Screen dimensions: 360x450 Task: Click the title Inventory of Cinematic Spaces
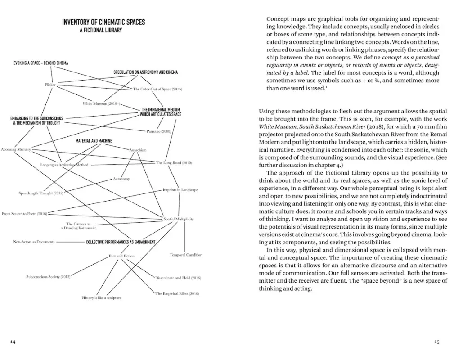[103, 22]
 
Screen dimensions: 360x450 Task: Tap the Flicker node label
[50, 85]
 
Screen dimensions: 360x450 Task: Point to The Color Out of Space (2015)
[157, 89]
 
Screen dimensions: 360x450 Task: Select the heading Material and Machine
[94, 141]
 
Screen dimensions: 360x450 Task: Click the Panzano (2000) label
[159, 131]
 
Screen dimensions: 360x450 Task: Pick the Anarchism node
[138, 150]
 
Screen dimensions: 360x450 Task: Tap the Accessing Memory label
[16, 149]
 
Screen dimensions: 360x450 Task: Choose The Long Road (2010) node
[174, 162]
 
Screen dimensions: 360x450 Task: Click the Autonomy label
[121, 179]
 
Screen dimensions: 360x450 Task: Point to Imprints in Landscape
[180, 190]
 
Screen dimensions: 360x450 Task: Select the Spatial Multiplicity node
[179, 219]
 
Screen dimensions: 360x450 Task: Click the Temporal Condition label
[186, 255]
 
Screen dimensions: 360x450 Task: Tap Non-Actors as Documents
[34, 242]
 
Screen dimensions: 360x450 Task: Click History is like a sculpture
[102, 297]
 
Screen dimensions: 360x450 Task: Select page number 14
[13, 342]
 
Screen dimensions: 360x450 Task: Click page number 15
[436, 342]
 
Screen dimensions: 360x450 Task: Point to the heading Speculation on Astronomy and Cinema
[145, 72]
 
